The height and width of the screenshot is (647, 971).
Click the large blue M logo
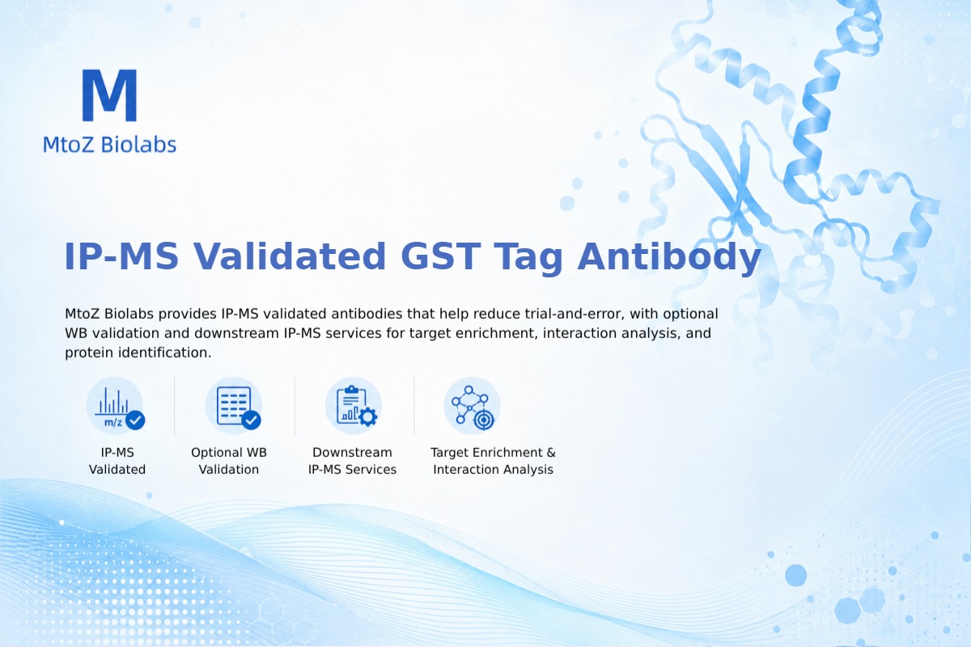coord(110,95)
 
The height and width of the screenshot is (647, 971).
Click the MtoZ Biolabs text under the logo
coord(110,144)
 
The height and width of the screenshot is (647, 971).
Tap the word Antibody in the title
coord(669,257)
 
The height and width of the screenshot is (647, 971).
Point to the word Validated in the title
coord(289,256)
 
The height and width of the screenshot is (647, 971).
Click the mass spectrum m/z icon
coord(115,406)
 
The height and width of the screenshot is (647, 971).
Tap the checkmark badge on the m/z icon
coord(135,420)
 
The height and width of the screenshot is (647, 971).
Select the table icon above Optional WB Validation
coord(234,406)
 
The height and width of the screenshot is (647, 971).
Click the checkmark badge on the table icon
coord(251,420)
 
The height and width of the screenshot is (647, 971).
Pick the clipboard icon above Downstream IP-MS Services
coord(354,406)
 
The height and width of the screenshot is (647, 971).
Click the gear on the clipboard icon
coord(368,417)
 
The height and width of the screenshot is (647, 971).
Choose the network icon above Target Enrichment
coord(472,406)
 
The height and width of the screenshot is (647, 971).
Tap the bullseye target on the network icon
coord(484,420)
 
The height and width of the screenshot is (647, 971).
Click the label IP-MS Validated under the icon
coord(117,461)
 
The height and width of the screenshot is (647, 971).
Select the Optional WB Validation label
coord(229,461)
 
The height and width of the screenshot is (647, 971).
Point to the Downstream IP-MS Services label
coord(353,461)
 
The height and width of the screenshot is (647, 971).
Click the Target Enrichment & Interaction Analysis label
coord(493,461)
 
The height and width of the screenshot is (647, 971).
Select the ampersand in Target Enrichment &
coord(551,452)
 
